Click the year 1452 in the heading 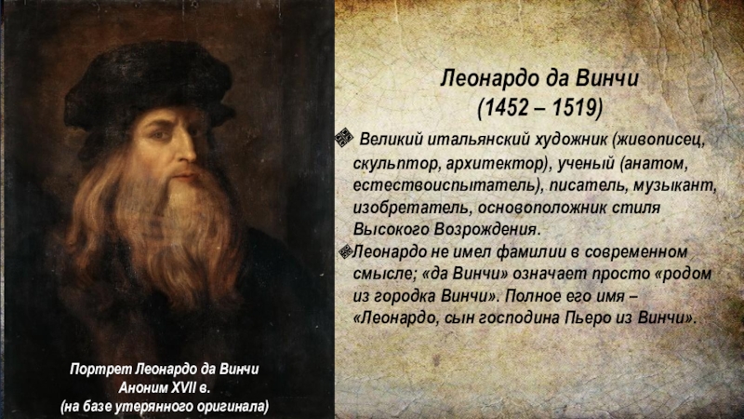[x=505, y=108]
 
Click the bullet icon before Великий [x=343, y=138]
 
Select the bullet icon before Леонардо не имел [x=346, y=251]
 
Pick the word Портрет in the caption [x=100, y=369]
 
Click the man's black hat [x=149, y=87]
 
